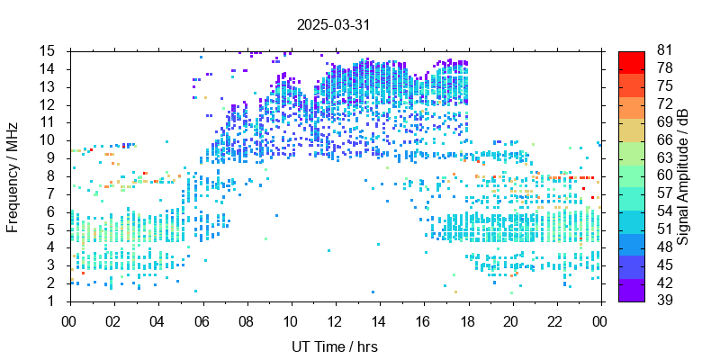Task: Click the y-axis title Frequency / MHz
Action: pyautogui.click(x=13, y=175)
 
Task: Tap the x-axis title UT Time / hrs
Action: pyautogui.click(x=333, y=346)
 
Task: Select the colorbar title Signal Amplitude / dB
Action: pyautogui.click(x=684, y=175)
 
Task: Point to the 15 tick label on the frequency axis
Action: pyautogui.click(x=49, y=50)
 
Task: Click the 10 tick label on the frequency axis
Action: pyautogui.click(x=49, y=140)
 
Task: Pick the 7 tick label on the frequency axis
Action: pyautogui.click(x=52, y=193)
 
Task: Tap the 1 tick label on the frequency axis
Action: pyautogui.click(x=52, y=301)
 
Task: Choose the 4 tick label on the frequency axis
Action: pyautogui.click(x=52, y=247)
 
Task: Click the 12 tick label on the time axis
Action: pyautogui.click(x=335, y=319)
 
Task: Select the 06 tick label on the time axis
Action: pyautogui.click(x=202, y=319)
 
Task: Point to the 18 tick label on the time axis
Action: pyautogui.click(x=467, y=319)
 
